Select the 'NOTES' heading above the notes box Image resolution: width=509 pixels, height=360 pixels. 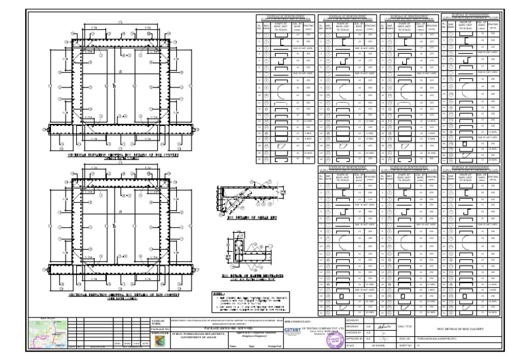click(217, 292)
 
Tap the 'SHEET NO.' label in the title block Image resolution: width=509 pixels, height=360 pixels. click(406, 345)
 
